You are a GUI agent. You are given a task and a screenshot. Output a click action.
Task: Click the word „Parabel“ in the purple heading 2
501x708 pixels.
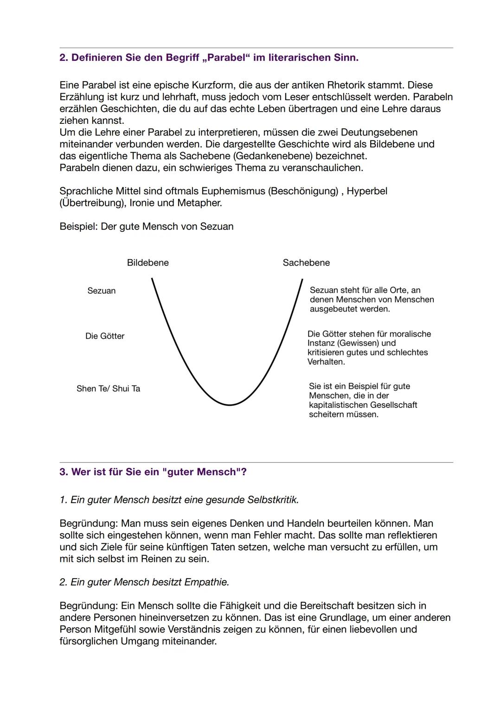click(224, 58)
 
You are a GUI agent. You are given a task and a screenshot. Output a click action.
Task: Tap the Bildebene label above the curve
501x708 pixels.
click(148, 263)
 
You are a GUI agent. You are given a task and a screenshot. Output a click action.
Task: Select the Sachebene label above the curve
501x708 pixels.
click(306, 263)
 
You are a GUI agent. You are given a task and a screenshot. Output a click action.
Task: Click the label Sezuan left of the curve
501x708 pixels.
click(101, 291)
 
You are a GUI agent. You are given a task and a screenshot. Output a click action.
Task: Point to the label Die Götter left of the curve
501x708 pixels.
click(105, 336)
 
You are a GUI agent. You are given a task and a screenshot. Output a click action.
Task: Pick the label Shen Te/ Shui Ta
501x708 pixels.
click(108, 389)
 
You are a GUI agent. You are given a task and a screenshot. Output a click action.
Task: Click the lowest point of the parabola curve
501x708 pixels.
click(229, 405)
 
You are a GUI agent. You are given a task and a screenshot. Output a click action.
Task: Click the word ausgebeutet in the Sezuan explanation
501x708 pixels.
click(333, 309)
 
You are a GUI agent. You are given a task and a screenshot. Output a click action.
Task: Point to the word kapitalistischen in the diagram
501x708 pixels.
click(337, 405)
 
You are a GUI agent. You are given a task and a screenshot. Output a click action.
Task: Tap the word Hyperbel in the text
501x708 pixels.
click(367, 191)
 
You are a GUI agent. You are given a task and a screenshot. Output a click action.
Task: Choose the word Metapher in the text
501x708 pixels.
click(200, 203)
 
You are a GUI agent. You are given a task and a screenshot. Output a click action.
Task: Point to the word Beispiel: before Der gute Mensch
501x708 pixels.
click(78, 227)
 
